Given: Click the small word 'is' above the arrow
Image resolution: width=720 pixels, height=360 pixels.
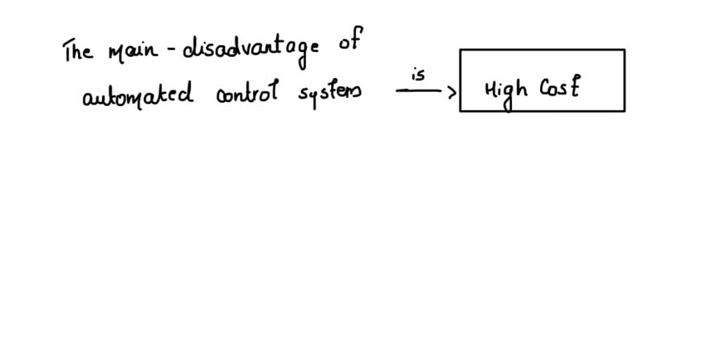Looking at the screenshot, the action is pyautogui.click(x=418, y=75).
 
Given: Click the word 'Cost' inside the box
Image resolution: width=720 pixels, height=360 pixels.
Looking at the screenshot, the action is pyautogui.click(x=559, y=88).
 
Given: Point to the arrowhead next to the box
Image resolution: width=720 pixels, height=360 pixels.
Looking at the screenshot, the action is pyautogui.click(x=452, y=91).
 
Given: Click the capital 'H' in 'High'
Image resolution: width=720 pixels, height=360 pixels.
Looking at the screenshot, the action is pyautogui.click(x=491, y=89).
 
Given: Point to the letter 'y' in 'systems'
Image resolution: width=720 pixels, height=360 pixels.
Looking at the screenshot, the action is pyautogui.click(x=312, y=98).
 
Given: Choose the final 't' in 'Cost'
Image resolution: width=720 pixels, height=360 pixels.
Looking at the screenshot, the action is pyautogui.click(x=574, y=88).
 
